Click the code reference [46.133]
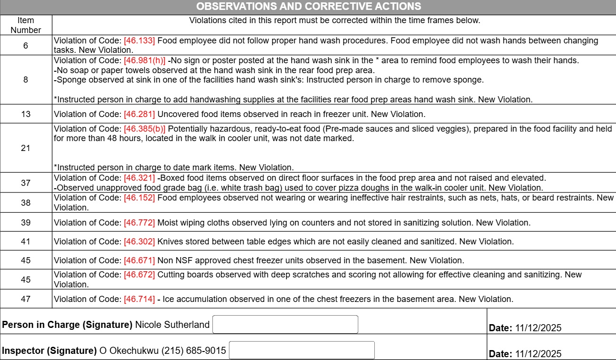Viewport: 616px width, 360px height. pos(139,41)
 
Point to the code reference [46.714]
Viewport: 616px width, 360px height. pos(139,299)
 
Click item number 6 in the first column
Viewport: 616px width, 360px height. pos(25,46)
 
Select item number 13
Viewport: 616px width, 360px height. pos(25,114)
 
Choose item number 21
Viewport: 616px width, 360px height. pos(25,148)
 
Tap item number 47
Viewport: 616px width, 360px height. pos(25,299)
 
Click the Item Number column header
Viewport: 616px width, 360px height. pos(26,25)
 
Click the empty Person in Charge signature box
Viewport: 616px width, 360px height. pos(285,325)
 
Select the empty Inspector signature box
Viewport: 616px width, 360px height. pos(302,351)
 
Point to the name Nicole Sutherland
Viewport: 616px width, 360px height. pos(172,325)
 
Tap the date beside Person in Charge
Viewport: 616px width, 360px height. pos(538,328)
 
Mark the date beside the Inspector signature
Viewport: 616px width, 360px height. pos(538,354)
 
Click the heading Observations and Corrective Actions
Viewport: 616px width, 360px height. pos(308,7)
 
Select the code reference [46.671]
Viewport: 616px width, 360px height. pos(139,260)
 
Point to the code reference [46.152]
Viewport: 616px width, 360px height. pos(139,198)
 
